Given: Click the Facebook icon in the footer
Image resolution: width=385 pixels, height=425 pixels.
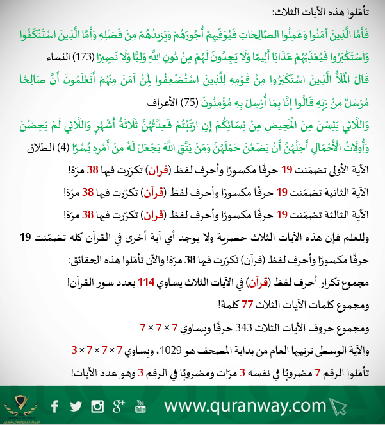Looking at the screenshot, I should coord(55,405).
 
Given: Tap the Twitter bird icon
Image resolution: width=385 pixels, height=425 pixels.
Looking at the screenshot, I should coord(76,406).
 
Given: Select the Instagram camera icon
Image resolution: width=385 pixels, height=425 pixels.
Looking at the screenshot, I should coord(97,406).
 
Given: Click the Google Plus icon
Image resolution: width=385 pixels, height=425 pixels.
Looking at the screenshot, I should coord(118,405).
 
